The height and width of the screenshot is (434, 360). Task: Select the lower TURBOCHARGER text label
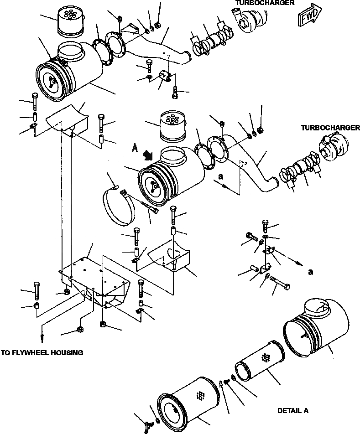click(x=330, y=128)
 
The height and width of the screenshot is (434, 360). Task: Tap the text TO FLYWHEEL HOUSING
click(x=42, y=352)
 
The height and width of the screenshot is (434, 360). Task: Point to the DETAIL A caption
click(x=293, y=411)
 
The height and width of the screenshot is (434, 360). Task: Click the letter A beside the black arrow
click(x=135, y=147)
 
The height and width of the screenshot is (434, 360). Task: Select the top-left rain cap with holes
click(x=70, y=22)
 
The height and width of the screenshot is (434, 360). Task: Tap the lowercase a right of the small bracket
click(x=310, y=272)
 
